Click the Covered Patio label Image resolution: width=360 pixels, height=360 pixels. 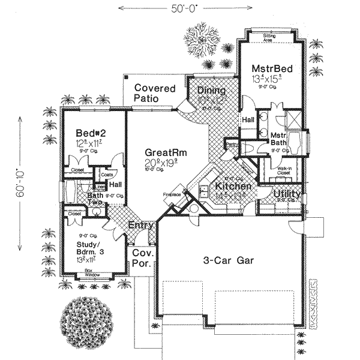pyautogui.click(x=154, y=93)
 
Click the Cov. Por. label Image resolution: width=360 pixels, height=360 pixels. pyautogui.click(x=143, y=258)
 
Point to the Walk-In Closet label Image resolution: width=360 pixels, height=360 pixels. pyautogui.click(x=284, y=172)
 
